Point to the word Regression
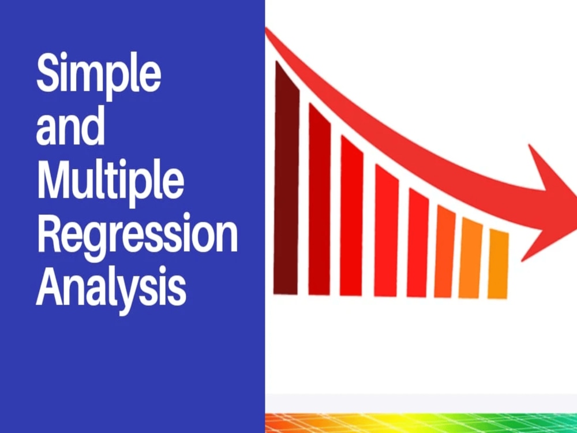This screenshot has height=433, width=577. [x=137, y=237]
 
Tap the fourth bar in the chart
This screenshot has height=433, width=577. [x=386, y=231]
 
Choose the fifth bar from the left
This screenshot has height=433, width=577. [x=418, y=242]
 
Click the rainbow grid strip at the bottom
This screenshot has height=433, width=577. [x=421, y=423]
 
